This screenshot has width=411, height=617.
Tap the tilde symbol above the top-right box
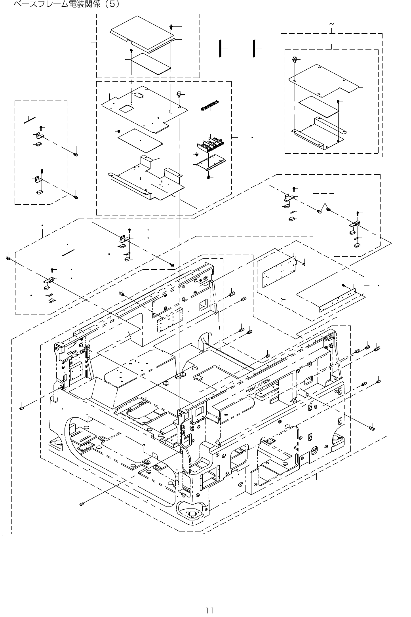click(x=331, y=25)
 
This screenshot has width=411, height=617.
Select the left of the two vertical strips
click(x=219, y=48)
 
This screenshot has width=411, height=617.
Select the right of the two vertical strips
click(x=254, y=48)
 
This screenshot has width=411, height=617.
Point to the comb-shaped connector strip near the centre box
click(x=208, y=105)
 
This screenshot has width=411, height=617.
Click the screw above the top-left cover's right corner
click(x=171, y=26)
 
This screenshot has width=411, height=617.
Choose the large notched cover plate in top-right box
click(x=325, y=80)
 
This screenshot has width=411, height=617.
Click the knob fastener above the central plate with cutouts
click(x=179, y=94)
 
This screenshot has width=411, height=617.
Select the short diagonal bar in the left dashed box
click(x=30, y=120)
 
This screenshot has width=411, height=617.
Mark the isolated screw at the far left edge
click(x=8, y=258)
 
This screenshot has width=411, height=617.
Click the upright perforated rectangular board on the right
click(x=279, y=272)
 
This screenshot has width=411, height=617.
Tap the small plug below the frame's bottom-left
click(x=81, y=504)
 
